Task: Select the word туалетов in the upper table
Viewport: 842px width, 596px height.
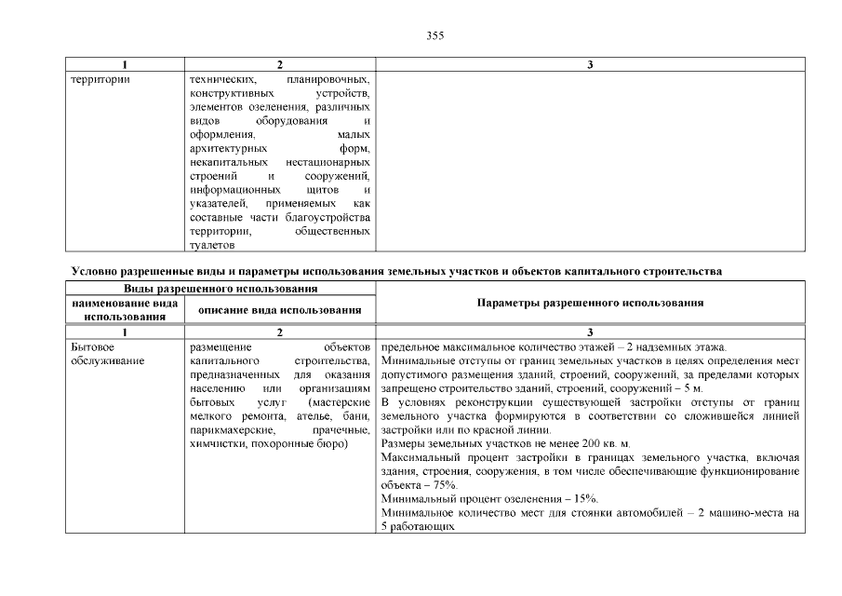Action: point(210,245)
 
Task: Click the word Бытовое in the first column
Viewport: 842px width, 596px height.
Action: point(92,347)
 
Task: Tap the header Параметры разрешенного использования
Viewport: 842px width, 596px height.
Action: point(590,304)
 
